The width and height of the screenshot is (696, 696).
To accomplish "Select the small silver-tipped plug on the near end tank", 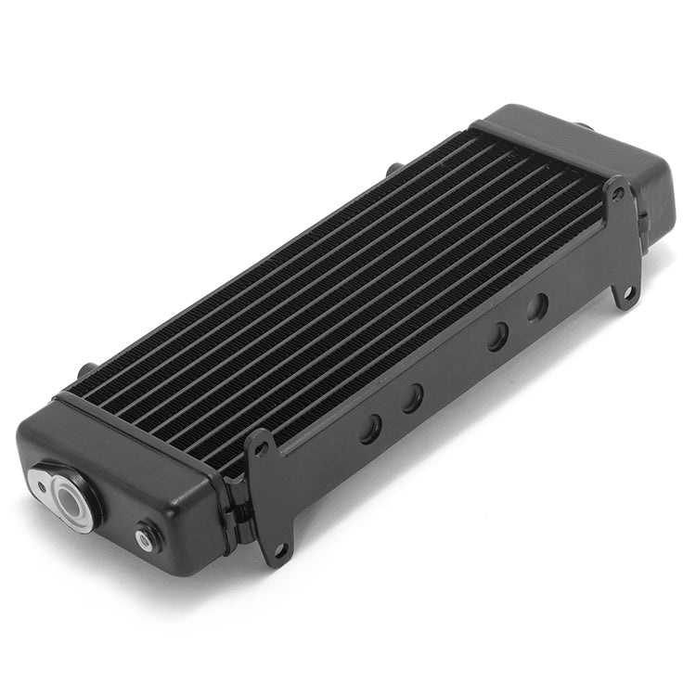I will pyautogui.click(x=145, y=536).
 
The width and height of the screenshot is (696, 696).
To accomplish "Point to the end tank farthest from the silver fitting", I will pyautogui.click(x=594, y=158).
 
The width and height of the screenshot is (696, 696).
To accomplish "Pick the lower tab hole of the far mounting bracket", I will pyautogui.click(x=628, y=293).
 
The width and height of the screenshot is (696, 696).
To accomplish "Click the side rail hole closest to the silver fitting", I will pyautogui.click(x=369, y=428).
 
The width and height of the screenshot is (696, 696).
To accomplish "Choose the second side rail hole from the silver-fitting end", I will pyautogui.click(x=412, y=398).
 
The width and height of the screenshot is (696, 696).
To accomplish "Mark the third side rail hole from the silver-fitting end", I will pyautogui.click(x=498, y=336).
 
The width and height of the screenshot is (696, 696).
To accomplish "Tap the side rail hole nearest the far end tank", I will pyautogui.click(x=537, y=307).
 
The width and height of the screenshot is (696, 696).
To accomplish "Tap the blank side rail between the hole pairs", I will pyautogui.click(x=455, y=371).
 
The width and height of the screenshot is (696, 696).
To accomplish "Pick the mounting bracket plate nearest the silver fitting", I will pyautogui.click(x=269, y=501).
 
